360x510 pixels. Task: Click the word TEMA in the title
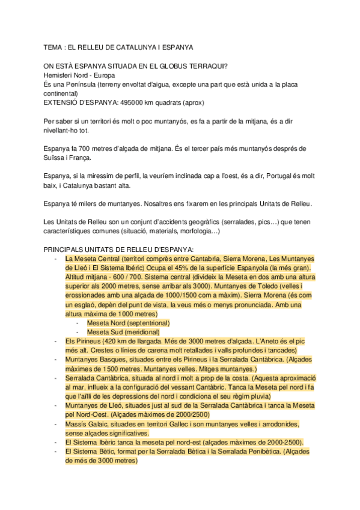53,46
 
